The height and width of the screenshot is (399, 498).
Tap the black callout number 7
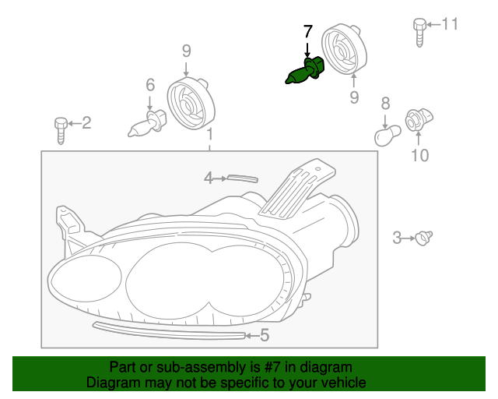point(307,33)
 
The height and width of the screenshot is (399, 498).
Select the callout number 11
point(451,24)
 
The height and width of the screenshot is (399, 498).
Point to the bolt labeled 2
point(61,127)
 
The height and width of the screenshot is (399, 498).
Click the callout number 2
point(86,122)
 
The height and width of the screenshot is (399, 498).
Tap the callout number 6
point(150,85)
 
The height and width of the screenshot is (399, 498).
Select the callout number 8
point(384,103)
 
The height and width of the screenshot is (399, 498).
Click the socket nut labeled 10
point(416,121)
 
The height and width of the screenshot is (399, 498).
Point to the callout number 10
point(419,156)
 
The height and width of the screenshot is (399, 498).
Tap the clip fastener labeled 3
point(424,237)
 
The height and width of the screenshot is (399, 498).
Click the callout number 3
point(397,238)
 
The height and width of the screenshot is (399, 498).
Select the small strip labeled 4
point(240,178)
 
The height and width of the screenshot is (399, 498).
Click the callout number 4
point(208,178)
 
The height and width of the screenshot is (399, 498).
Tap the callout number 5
point(265,336)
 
